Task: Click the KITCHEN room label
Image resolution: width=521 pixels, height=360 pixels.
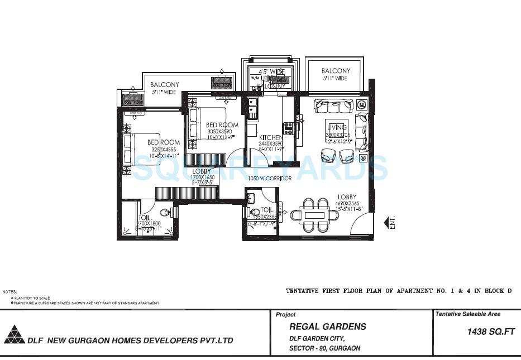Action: (x=270, y=138)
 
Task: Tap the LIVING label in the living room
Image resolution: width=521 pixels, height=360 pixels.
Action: (x=337, y=128)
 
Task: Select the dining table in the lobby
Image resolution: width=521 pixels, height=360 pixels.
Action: (x=315, y=215)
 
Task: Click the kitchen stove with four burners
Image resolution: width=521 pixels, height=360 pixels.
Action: (x=288, y=128)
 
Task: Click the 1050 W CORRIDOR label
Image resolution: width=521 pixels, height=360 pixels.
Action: (x=270, y=179)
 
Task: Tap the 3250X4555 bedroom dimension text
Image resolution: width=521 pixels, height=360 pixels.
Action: (x=163, y=149)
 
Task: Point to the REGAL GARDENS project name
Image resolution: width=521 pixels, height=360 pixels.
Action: (x=328, y=327)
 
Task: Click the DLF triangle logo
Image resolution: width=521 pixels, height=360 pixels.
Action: (x=14, y=334)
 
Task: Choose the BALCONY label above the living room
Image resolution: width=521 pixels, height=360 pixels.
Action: (x=336, y=71)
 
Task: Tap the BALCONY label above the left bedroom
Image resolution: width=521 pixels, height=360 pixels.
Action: (x=165, y=85)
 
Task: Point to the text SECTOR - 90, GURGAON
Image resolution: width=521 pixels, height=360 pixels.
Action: (x=324, y=348)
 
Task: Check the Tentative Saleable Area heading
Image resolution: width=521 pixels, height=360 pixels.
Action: (x=469, y=314)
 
